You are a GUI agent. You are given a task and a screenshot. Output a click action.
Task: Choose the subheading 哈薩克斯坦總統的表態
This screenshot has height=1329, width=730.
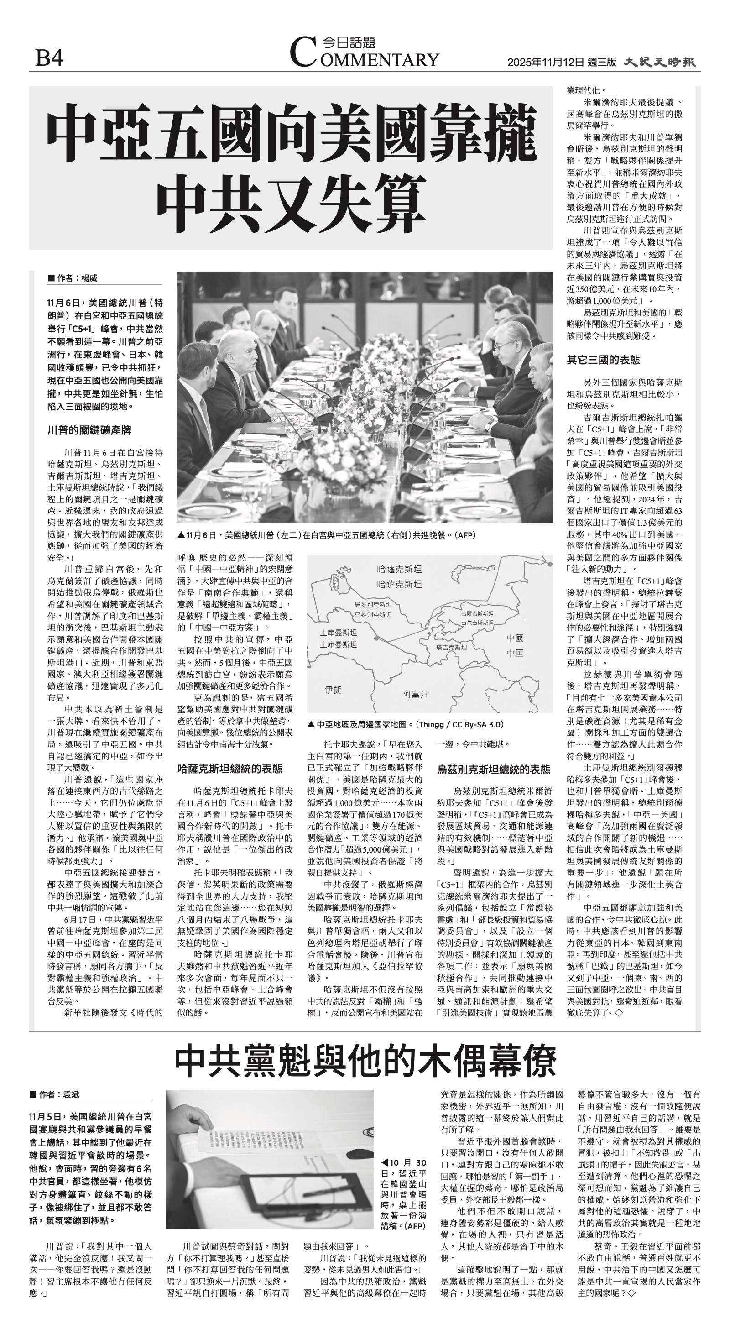click(x=229, y=769)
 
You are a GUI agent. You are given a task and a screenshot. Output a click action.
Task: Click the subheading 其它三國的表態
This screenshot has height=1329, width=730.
click(x=603, y=360)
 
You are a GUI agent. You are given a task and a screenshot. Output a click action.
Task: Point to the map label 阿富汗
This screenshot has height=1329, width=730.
click(x=415, y=694)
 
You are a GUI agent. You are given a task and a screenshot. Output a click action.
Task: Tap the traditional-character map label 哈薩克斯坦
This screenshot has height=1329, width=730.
click(x=399, y=570)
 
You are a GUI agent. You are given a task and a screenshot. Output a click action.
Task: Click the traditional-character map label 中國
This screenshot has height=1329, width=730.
click(x=515, y=638)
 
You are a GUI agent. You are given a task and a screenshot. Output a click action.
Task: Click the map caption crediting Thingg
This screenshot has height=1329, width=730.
click(x=405, y=725)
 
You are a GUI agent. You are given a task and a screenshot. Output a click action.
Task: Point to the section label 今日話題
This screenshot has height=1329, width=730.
click(x=348, y=42)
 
